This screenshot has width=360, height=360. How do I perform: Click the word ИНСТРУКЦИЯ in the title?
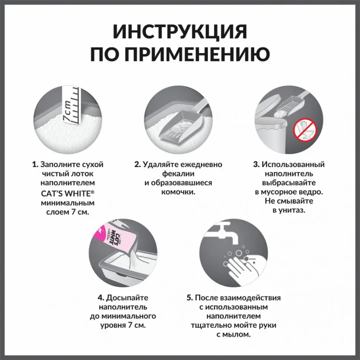tap(180, 32)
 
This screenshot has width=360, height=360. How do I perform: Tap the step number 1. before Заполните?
tap(35, 164)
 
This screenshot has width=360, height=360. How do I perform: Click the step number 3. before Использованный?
tap(256, 164)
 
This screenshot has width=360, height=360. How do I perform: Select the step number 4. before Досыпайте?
tap(101, 298)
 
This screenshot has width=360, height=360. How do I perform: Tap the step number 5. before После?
tap(190, 298)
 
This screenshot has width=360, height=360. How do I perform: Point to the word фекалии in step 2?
tap(178, 174)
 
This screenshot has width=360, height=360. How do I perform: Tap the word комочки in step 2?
tap(178, 192)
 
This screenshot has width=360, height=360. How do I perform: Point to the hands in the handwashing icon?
tap(241, 267)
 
